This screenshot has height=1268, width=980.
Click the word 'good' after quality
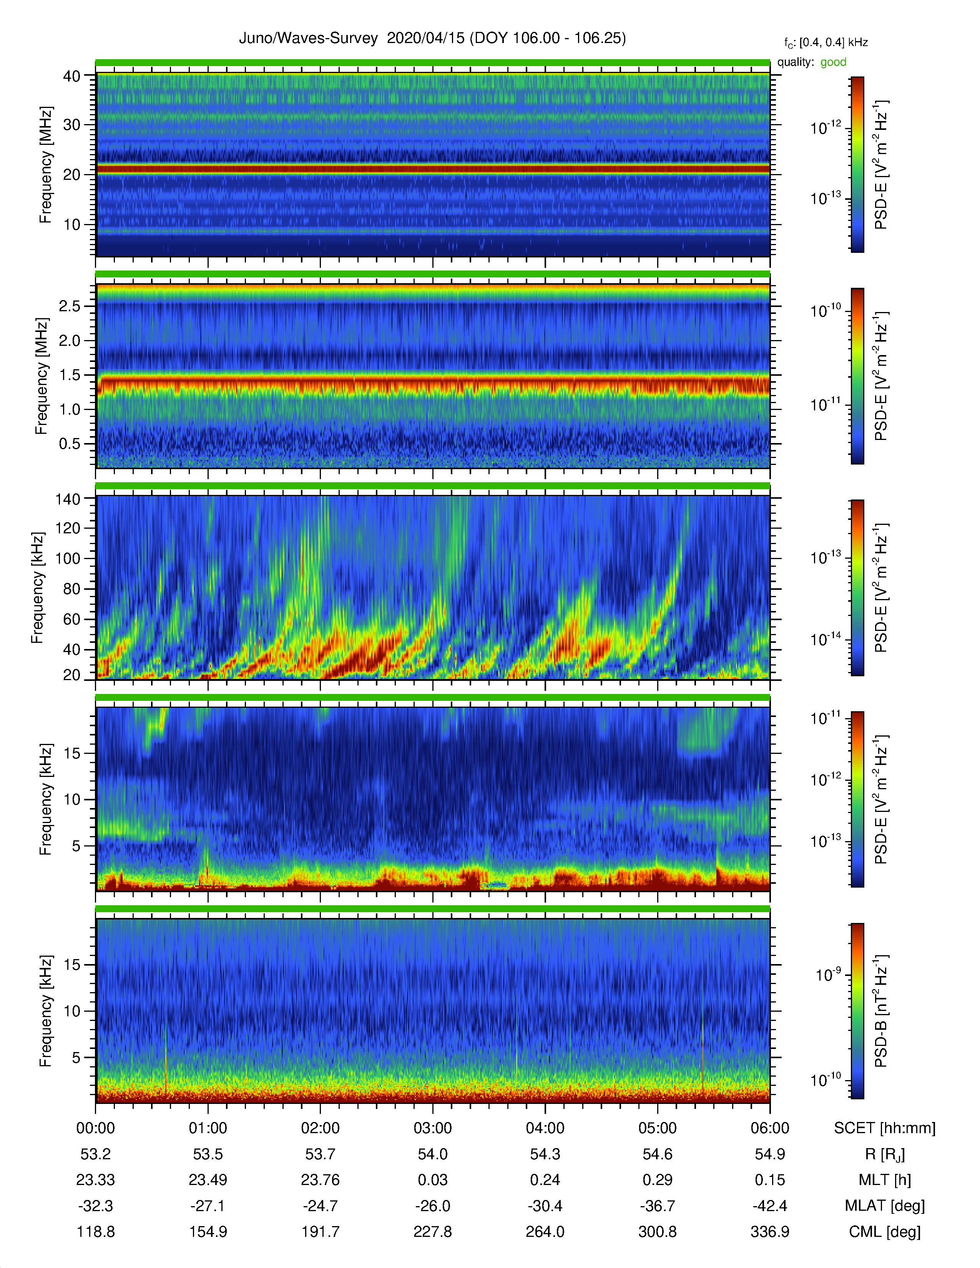coord(833,62)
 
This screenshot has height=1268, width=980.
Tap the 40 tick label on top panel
coord(71,76)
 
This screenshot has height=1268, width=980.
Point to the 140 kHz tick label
coord(67,499)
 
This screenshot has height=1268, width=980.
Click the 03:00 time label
coord(432,1128)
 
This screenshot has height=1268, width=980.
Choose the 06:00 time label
coord(770,1128)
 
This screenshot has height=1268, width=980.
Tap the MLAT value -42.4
coord(770,1206)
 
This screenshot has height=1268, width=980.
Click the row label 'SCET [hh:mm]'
coord(885,1128)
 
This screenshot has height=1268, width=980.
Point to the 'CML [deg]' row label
coord(885,1232)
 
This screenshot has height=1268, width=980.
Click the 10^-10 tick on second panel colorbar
coord(826,310)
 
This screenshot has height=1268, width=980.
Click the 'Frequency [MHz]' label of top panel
coord(45,165)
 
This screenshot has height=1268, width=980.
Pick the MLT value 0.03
coord(432,1180)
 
